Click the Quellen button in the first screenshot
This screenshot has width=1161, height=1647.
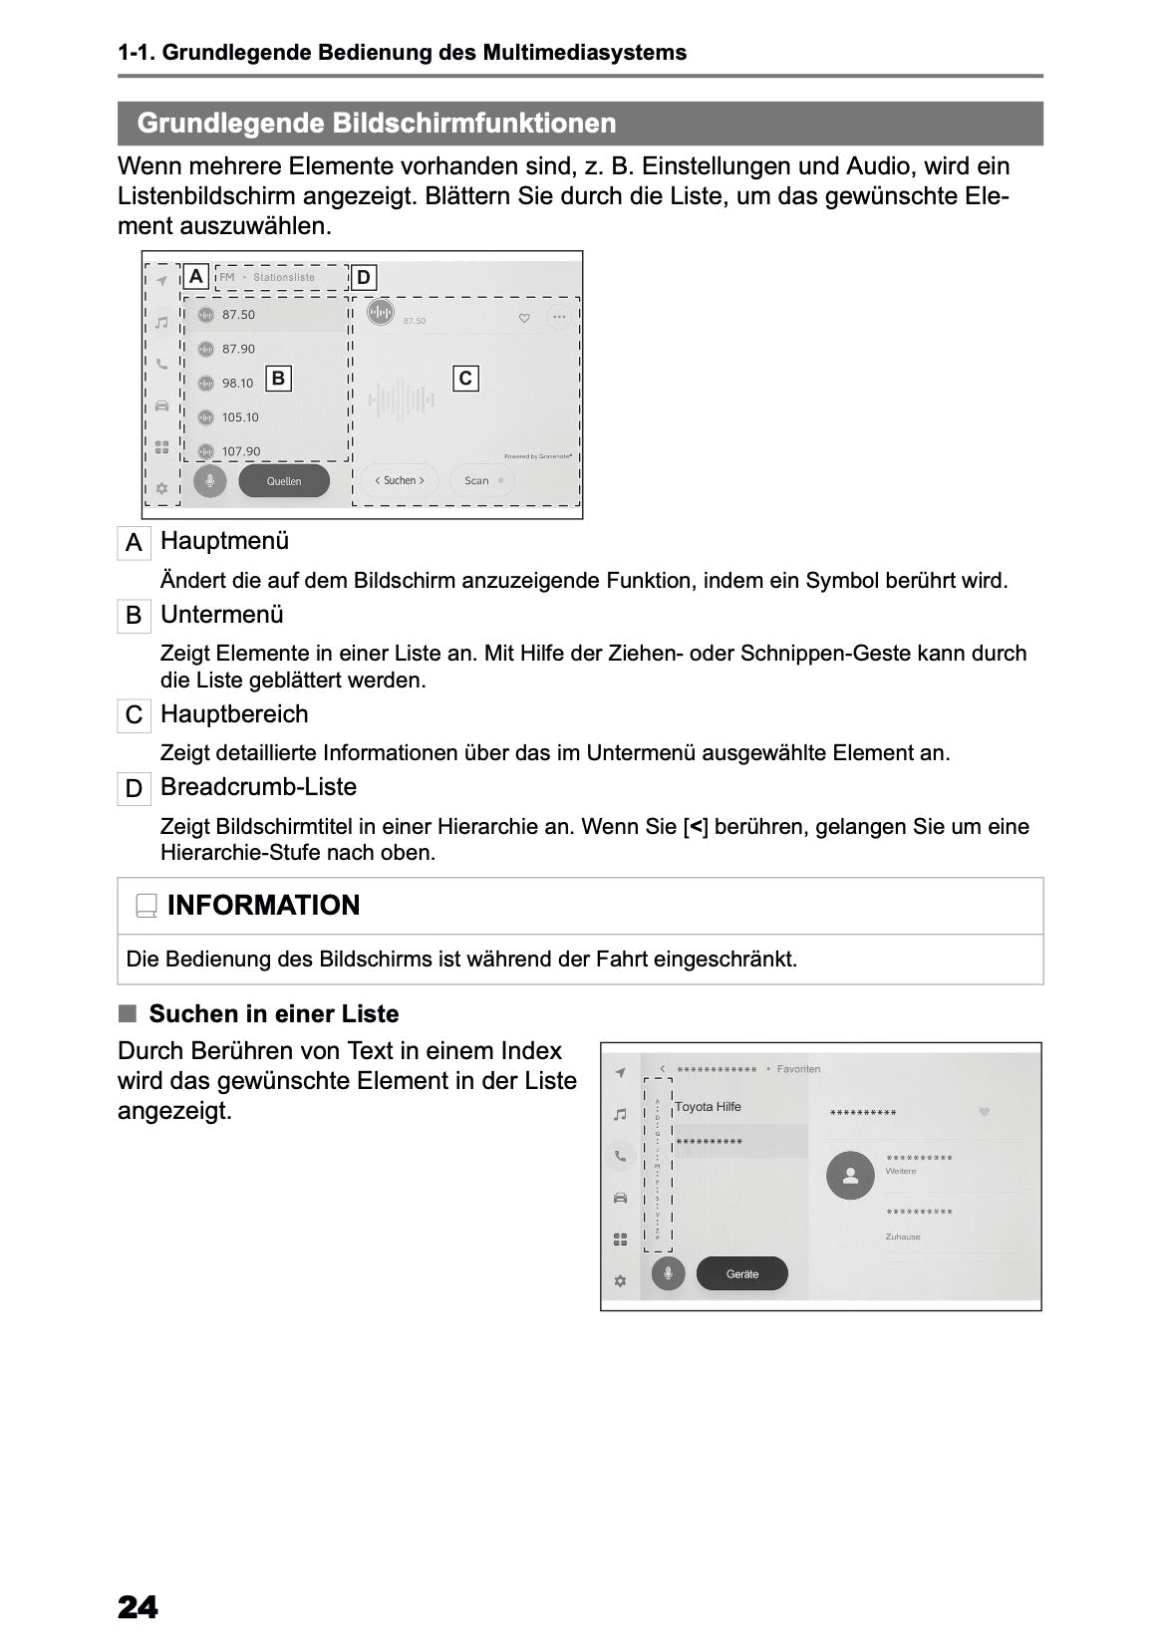click(x=284, y=481)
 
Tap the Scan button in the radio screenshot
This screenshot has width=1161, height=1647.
click(x=482, y=480)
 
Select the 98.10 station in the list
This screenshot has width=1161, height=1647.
click(x=237, y=384)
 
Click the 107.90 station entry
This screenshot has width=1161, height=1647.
click(x=240, y=451)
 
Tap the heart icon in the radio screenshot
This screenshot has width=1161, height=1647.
click(x=524, y=318)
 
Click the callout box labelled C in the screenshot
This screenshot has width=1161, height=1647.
click(x=465, y=379)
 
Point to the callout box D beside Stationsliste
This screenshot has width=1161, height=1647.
click(x=364, y=278)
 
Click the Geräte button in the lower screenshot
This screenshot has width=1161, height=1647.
click(x=741, y=1274)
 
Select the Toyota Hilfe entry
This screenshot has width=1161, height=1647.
click(x=708, y=1107)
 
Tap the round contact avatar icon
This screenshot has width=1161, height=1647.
click(x=850, y=1176)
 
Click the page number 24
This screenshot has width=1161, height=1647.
click(x=138, y=1607)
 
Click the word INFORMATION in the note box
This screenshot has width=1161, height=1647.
click(x=263, y=906)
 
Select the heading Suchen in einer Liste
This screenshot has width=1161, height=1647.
click(x=273, y=1014)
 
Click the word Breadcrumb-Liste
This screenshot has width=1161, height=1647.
click(x=258, y=787)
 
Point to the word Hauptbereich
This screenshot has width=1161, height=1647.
click(x=234, y=714)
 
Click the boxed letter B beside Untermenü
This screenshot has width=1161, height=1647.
click(x=134, y=616)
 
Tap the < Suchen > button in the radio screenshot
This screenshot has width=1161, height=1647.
click(x=399, y=480)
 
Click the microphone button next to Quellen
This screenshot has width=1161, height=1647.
click(x=210, y=481)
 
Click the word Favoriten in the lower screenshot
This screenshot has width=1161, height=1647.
click(x=798, y=1069)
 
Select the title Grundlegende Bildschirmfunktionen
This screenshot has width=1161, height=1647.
click(x=377, y=124)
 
